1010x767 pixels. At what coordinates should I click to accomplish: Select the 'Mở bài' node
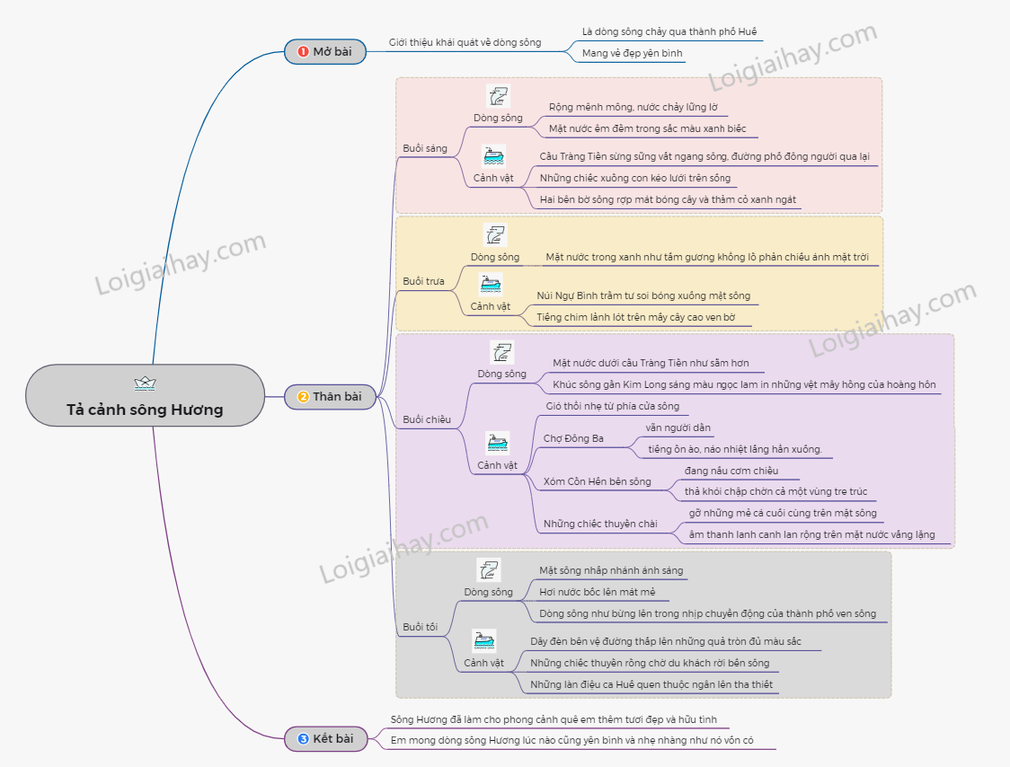click(x=325, y=52)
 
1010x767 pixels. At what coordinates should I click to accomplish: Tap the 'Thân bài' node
click(x=330, y=396)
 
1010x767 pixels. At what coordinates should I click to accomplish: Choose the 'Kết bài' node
click(x=325, y=739)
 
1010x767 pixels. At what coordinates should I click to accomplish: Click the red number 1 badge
click(x=303, y=52)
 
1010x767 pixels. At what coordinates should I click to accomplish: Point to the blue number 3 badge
click(x=303, y=739)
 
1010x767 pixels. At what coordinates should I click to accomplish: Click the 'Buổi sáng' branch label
click(x=425, y=148)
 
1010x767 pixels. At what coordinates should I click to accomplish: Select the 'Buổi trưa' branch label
click(x=423, y=281)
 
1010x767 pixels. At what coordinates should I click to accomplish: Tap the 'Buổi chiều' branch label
click(x=427, y=419)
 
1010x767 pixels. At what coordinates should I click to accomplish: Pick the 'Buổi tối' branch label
click(x=421, y=627)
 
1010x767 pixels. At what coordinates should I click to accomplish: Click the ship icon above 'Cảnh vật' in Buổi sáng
click(x=494, y=155)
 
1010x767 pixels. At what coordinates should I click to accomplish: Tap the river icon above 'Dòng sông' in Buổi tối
click(x=489, y=569)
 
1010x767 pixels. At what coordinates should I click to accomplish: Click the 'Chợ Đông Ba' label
click(x=573, y=438)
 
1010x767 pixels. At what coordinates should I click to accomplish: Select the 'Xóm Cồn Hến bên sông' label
click(x=597, y=481)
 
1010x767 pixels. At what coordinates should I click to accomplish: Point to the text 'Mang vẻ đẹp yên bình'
click(x=632, y=53)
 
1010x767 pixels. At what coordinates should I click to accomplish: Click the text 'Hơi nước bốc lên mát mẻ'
click(x=598, y=592)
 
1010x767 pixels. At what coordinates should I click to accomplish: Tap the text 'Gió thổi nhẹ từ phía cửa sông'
click(x=612, y=406)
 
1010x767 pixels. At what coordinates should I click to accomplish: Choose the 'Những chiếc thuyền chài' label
click(x=599, y=524)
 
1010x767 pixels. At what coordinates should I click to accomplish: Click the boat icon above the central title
click(x=145, y=383)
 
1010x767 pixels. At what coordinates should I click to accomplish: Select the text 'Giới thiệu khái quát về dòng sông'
click(x=465, y=42)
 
